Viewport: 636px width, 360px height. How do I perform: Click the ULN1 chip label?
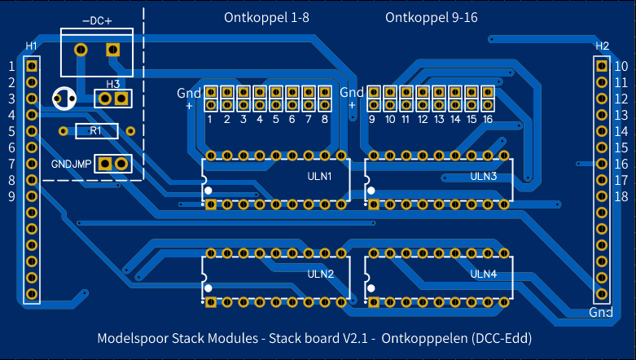(x=319, y=176)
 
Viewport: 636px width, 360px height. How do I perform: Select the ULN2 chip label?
(x=320, y=274)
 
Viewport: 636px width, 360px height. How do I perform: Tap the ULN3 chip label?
(x=483, y=176)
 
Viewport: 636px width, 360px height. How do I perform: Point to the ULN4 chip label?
(x=483, y=274)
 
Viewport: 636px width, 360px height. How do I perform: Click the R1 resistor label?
(x=96, y=130)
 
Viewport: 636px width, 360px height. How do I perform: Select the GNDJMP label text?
(x=71, y=164)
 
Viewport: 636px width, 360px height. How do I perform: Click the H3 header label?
(x=112, y=84)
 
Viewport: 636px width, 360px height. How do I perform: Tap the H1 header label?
(x=32, y=46)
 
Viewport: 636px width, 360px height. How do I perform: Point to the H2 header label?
(x=602, y=46)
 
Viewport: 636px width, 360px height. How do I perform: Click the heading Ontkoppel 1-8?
(x=266, y=17)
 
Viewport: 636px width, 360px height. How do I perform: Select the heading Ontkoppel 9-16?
(x=431, y=17)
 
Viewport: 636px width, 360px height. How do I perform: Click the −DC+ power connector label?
(x=97, y=20)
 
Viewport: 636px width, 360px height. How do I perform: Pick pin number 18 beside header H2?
(x=621, y=196)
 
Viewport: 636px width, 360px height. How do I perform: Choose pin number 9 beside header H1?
(x=11, y=196)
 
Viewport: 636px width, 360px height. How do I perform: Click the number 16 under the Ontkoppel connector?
(x=487, y=120)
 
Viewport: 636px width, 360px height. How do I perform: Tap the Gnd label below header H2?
(x=601, y=313)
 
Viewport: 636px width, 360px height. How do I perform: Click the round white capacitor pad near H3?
(x=63, y=99)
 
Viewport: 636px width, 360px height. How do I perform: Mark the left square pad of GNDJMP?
(x=105, y=164)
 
